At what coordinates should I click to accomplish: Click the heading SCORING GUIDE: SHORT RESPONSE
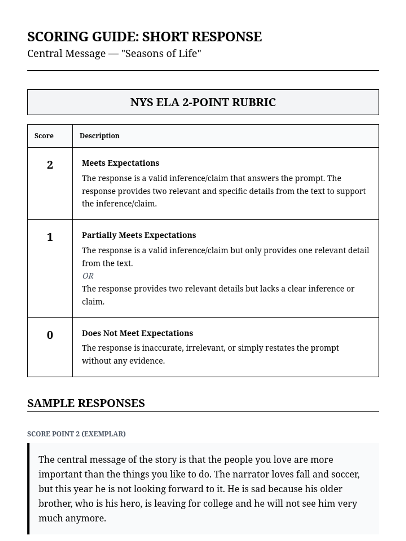pos(144,37)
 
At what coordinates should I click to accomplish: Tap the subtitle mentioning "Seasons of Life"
pos(114,53)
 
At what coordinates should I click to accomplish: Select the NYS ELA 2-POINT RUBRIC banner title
pos(203,102)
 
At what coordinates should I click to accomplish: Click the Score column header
pos(44,136)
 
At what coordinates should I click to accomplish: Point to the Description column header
pos(99,136)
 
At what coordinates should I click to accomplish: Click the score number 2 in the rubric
pos(50,165)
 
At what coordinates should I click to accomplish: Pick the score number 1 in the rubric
pos(50,237)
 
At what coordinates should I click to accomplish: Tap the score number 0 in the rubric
pos(50,335)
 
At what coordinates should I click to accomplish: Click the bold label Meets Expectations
pos(120,163)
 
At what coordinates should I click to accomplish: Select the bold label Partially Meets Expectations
pos(139,235)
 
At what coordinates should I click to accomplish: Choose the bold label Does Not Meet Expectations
pos(137,333)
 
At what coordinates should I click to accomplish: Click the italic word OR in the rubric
pos(88,276)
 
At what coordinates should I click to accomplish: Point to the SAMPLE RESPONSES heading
pos(86,403)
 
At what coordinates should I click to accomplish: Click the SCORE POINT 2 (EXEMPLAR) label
pos(76,434)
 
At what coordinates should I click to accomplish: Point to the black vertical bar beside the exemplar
pos(28,489)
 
